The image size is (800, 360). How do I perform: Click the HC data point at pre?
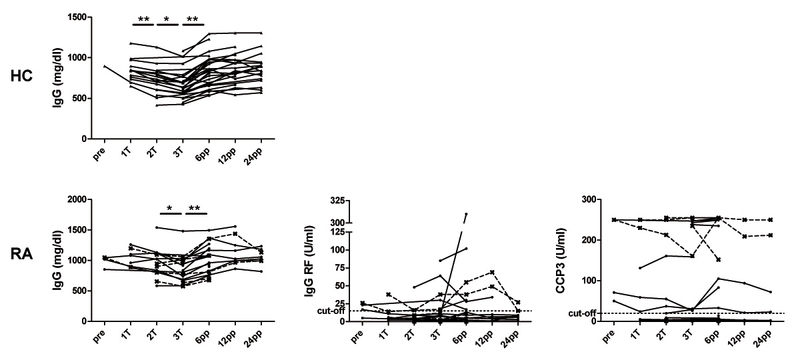(x=105, y=66)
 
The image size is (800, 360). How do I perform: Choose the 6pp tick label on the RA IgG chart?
(x=206, y=335)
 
